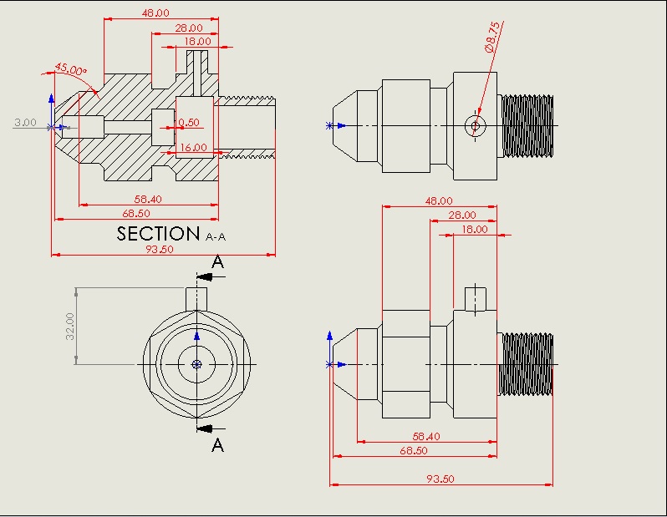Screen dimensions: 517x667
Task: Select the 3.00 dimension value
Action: tap(25, 123)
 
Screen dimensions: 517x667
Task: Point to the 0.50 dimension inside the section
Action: tap(189, 123)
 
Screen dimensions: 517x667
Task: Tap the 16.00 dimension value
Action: tap(193, 148)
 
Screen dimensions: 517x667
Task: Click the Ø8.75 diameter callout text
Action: tap(492, 38)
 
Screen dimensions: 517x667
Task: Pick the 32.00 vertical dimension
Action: tap(70, 326)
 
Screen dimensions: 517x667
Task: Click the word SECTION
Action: tap(159, 234)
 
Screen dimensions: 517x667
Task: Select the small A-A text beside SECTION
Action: tap(216, 237)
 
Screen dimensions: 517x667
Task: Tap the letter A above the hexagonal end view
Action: tap(217, 262)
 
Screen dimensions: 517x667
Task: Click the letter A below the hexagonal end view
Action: tap(217, 445)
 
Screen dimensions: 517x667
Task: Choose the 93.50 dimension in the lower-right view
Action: tap(440, 479)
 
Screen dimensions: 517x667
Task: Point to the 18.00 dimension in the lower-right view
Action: tap(475, 229)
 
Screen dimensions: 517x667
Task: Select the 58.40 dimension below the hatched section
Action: tap(148, 199)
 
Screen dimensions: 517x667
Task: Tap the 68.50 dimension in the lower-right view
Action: tap(413, 450)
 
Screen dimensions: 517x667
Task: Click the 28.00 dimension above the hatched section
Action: tap(188, 28)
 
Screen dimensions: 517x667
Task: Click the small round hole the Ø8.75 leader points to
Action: tap(475, 125)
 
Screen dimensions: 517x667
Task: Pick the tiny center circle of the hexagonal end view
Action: tap(196, 364)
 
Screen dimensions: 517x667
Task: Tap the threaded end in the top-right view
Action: tap(527, 125)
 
